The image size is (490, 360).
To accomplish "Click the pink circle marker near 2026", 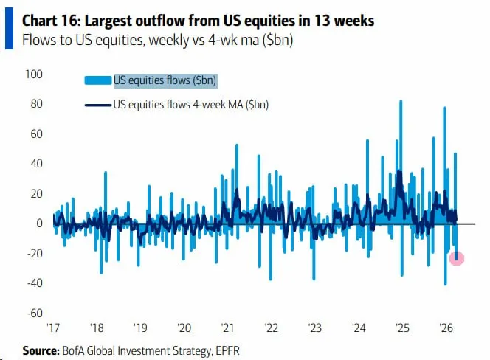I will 457,257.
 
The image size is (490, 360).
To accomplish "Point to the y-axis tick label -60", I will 34,313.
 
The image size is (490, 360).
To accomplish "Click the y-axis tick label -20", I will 34,253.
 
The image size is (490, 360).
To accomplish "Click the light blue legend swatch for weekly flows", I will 97,80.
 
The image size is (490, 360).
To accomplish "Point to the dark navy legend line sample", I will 97,105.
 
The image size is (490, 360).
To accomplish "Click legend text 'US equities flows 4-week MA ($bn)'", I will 190,105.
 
